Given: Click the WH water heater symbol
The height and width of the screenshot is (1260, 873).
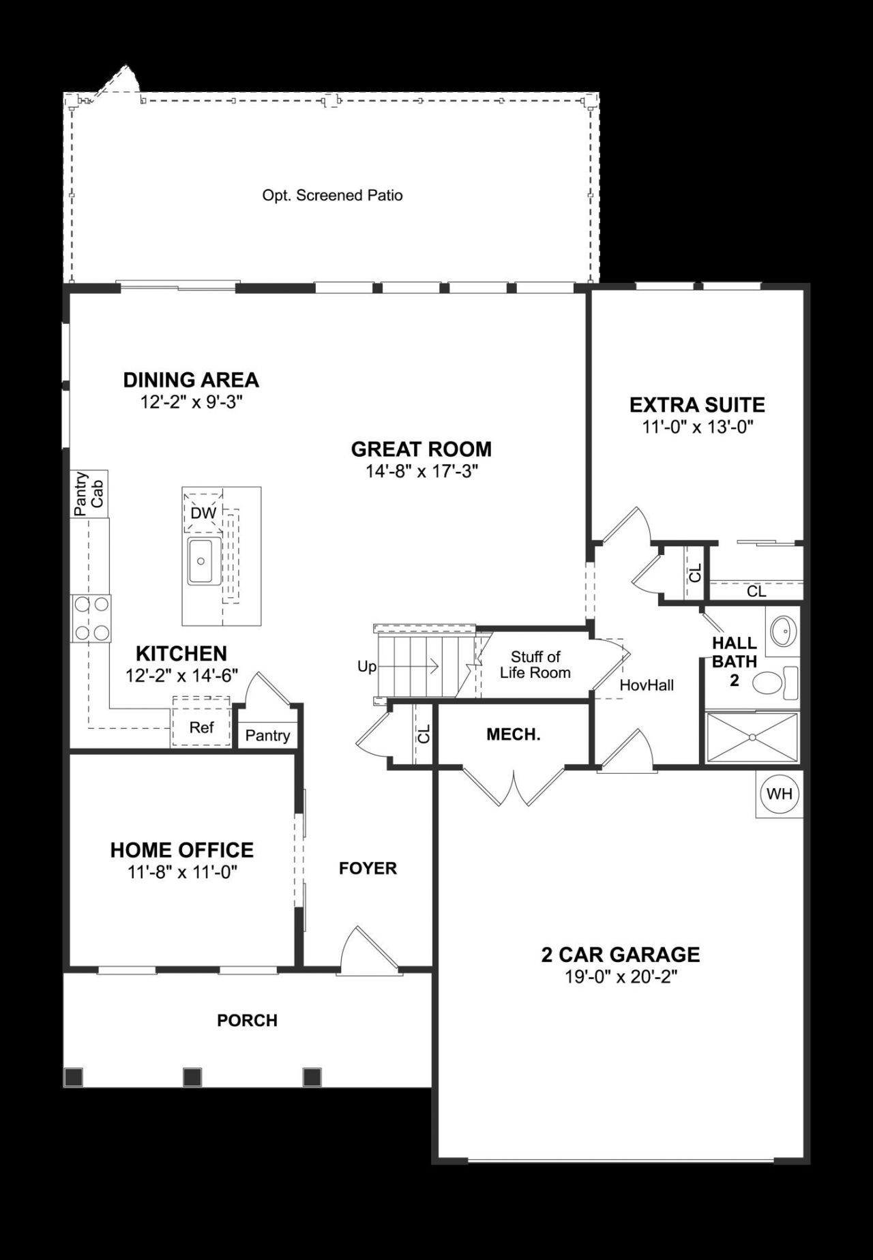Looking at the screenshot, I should [x=779, y=794].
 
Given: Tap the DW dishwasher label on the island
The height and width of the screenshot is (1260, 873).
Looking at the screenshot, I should [x=203, y=513].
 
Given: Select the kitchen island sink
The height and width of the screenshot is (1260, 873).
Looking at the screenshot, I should [x=203, y=560].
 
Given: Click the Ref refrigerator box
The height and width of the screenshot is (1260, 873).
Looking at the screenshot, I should [x=201, y=727].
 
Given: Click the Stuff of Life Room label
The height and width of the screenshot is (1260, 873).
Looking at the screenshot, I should [x=535, y=665].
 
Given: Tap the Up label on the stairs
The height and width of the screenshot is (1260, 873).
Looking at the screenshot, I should [x=366, y=666].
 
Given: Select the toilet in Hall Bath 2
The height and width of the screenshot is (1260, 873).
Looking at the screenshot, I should [x=776, y=682].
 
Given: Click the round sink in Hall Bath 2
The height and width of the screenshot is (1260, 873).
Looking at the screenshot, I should [x=783, y=631].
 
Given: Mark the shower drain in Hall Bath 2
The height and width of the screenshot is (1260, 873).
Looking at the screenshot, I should [x=752, y=737].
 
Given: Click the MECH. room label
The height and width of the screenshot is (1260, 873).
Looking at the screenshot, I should [x=513, y=734].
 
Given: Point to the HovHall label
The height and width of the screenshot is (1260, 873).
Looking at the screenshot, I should [x=646, y=685].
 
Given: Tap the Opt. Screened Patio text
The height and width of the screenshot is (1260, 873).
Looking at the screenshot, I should [x=332, y=196].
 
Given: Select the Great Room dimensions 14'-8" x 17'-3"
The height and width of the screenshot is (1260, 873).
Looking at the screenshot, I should [x=421, y=471].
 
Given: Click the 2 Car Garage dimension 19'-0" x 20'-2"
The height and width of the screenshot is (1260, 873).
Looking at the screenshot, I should [x=620, y=977].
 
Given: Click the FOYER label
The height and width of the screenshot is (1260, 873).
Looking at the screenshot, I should [x=368, y=868].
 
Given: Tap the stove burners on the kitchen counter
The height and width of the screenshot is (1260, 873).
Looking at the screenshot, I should [x=92, y=618].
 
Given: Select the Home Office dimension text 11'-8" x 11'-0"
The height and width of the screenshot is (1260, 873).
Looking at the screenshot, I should [x=181, y=872].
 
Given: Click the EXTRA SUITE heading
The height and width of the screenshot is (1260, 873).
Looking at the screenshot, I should [x=696, y=404].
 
